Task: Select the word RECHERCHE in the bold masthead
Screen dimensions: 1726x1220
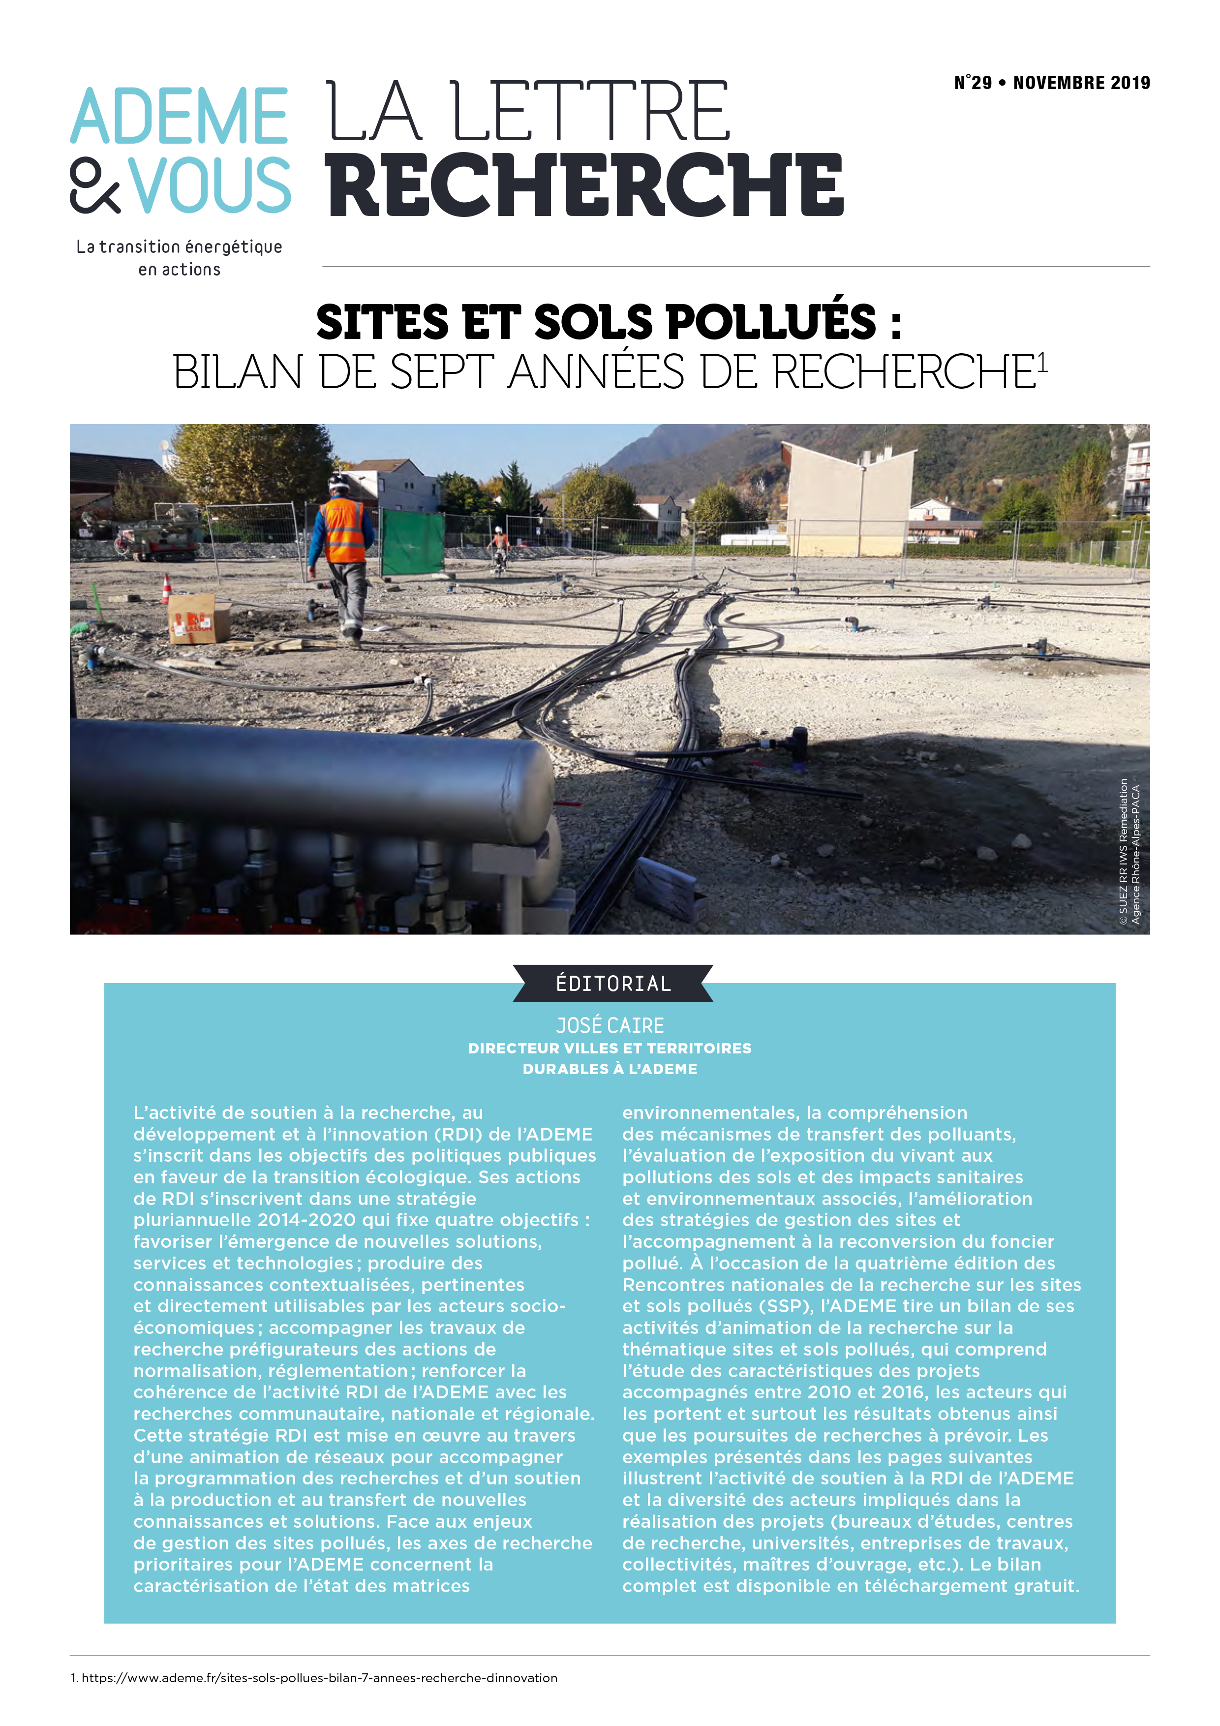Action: tap(585, 184)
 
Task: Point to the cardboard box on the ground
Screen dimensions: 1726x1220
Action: tap(198, 618)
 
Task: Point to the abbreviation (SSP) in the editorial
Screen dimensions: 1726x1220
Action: tap(785, 1306)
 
